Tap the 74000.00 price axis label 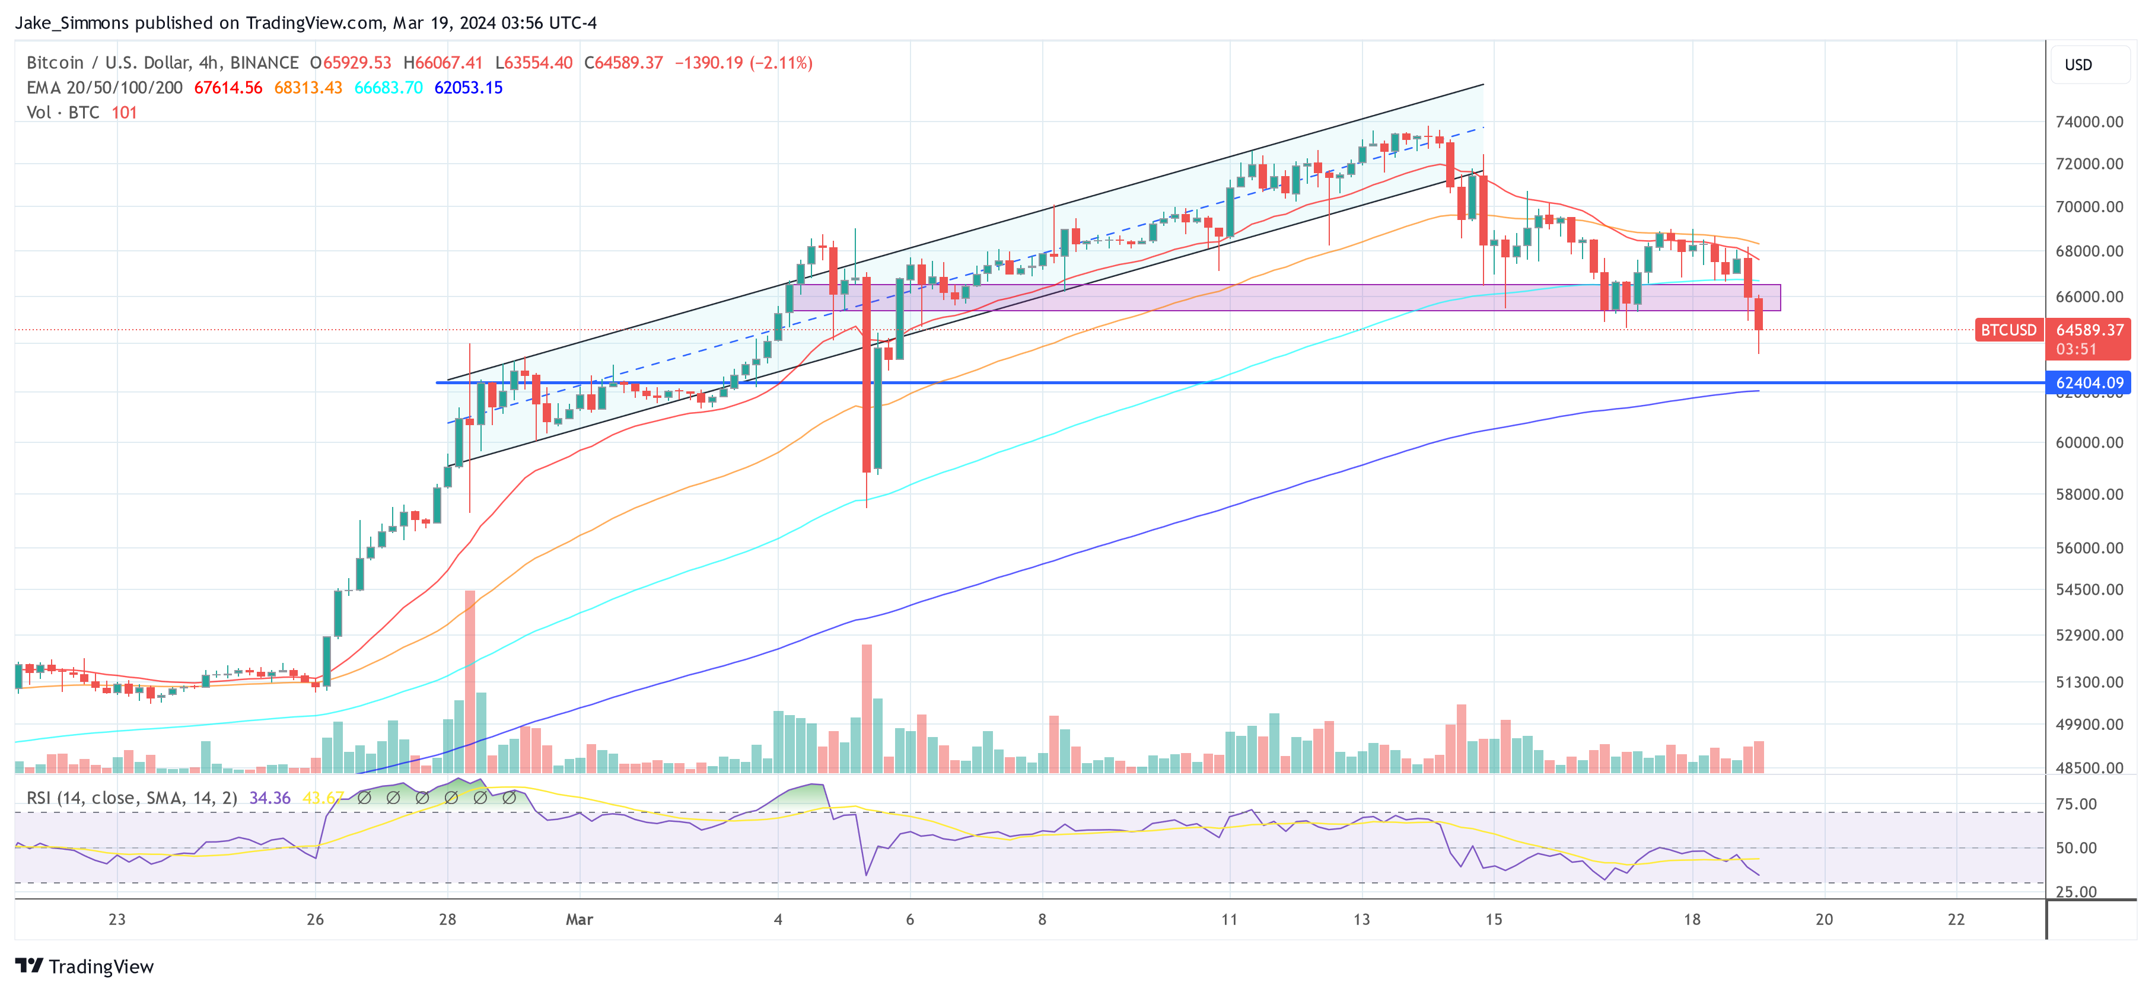[x=2089, y=122]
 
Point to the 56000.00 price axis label [x=2089, y=548]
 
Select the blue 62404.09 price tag [x=2089, y=382]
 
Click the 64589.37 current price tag [x=2089, y=330]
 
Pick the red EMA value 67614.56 [x=228, y=88]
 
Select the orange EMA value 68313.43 [x=307, y=88]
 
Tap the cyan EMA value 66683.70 [x=389, y=88]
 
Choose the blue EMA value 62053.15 [x=468, y=88]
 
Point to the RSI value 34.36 [x=270, y=798]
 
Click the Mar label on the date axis [x=579, y=919]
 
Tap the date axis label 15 [x=1493, y=919]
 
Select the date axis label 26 [x=315, y=919]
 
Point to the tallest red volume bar [x=470, y=681]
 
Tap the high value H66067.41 [x=443, y=63]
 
